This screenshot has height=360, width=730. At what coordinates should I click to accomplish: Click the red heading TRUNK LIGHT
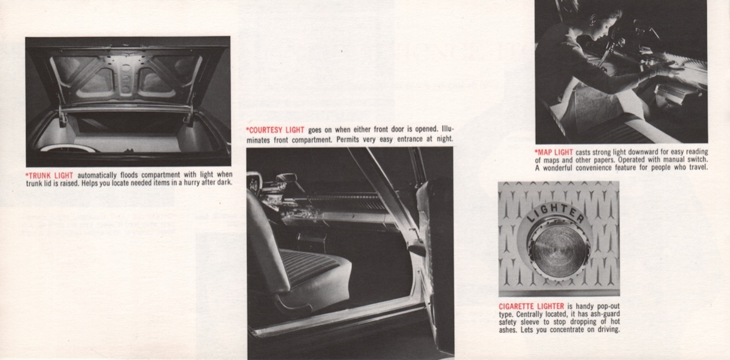click(50, 175)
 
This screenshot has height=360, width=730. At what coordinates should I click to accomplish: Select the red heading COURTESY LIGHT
click(275, 130)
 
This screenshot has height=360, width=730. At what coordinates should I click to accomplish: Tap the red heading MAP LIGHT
click(554, 152)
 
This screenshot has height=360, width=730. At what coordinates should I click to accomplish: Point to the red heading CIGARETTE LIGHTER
click(531, 306)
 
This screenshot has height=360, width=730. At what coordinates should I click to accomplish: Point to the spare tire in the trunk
click(68, 148)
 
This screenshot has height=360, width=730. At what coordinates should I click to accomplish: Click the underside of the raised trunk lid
click(127, 76)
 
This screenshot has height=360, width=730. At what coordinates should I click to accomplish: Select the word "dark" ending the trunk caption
click(224, 183)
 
